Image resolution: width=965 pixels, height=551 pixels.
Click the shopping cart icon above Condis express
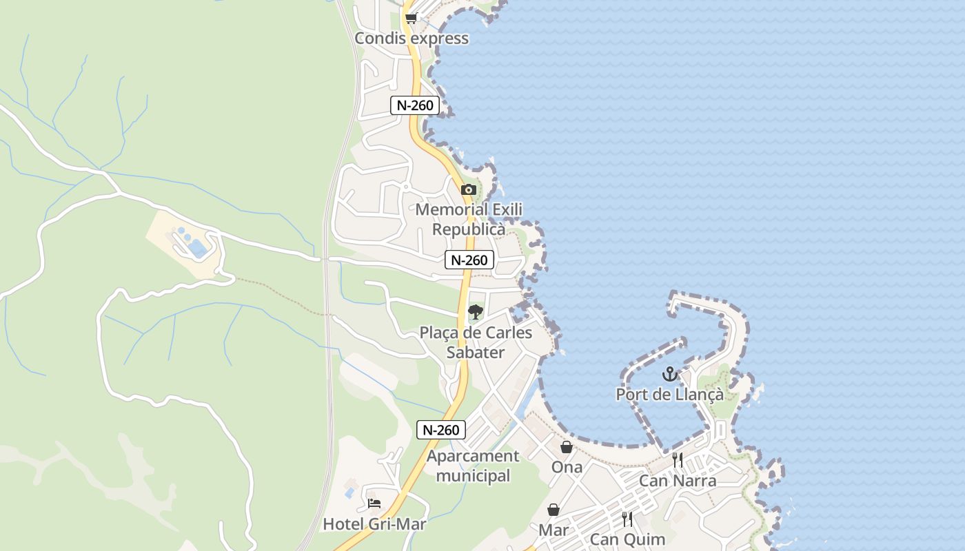[411, 18]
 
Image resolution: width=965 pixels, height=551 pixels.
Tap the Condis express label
[412, 39]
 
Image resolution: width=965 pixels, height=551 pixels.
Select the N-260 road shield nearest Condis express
[415, 105]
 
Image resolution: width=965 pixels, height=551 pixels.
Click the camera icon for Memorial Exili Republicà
[469, 189]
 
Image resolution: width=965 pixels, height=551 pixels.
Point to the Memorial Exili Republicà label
[469, 219]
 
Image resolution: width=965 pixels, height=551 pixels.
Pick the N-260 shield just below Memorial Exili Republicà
[469, 260]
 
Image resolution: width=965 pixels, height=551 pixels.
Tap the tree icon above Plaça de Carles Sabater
[475, 312]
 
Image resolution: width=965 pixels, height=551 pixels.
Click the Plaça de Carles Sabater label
[476, 342]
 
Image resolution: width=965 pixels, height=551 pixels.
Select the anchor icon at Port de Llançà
[669, 374]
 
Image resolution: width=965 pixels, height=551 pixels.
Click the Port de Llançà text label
[669, 395]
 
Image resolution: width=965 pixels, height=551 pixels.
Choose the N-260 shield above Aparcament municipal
[441, 430]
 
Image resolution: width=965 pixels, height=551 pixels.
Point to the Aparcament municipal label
[473, 466]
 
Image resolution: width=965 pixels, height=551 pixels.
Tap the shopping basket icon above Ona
[567, 447]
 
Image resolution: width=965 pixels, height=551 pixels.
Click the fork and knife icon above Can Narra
[678, 459]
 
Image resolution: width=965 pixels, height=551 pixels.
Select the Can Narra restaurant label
[678, 481]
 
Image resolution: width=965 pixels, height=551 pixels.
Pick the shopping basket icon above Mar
[553, 510]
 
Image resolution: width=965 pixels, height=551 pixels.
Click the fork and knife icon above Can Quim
[627, 519]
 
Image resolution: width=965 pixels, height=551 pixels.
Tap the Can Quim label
[627, 539]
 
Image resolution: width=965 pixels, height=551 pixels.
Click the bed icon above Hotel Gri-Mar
[374, 503]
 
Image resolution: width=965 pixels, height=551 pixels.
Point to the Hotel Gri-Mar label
[374, 524]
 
